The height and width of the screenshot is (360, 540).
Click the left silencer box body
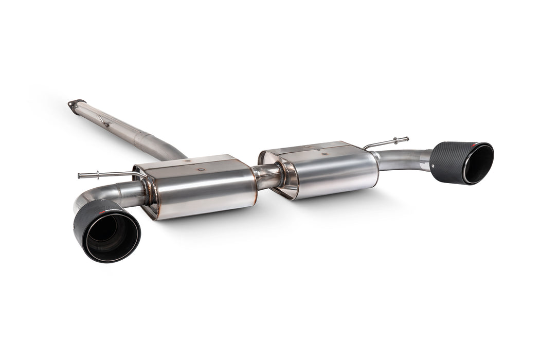pyautogui.click(x=203, y=190)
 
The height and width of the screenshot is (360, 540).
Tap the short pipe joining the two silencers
pyautogui.click(x=268, y=176)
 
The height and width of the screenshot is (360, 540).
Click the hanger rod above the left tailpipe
pyautogui.click(x=108, y=175)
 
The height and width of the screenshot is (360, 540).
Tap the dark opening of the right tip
pyautogui.click(x=477, y=164)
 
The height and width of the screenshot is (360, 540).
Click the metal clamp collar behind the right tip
pyautogui.click(x=425, y=160)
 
